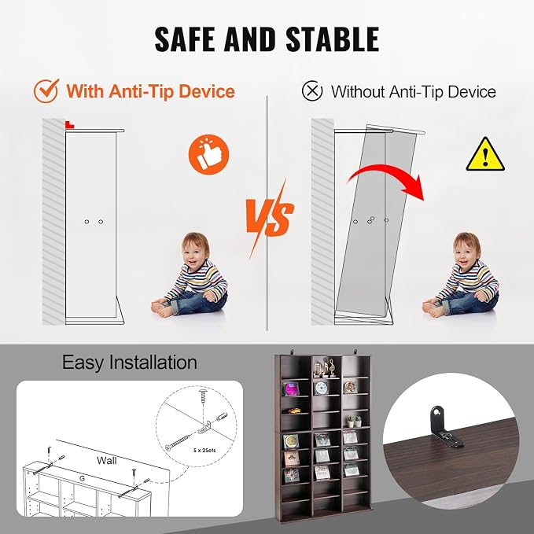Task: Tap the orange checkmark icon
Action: click(x=46, y=91)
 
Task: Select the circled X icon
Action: click(x=312, y=91)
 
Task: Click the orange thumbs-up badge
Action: click(x=208, y=154)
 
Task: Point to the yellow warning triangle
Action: click(x=485, y=155)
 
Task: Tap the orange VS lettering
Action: click(x=270, y=218)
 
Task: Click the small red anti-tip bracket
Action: click(x=69, y=124)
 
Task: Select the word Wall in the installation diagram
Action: click(x=107, y=460)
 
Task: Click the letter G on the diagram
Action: click(x=82, y=478)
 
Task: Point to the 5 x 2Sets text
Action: click(x=204, y=450)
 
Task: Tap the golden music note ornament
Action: click(x=324, y=369)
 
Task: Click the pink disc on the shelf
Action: click(x=291, y=389)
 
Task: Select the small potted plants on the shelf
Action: click(x=354, y=422)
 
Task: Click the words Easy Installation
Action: click(x=130, y=363)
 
